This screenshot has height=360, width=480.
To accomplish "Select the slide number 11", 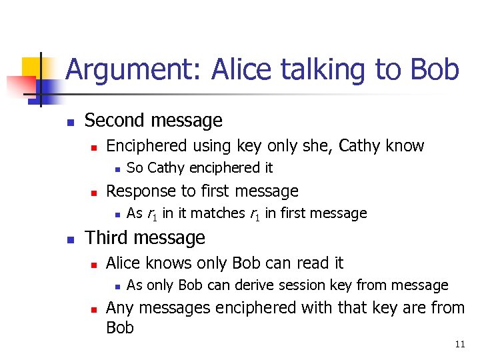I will pos(459,345).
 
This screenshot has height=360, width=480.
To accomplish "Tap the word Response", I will pos(137,191).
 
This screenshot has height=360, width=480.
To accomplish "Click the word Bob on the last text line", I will pos(120,327).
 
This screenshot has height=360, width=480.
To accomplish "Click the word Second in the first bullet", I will pos(111,121).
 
